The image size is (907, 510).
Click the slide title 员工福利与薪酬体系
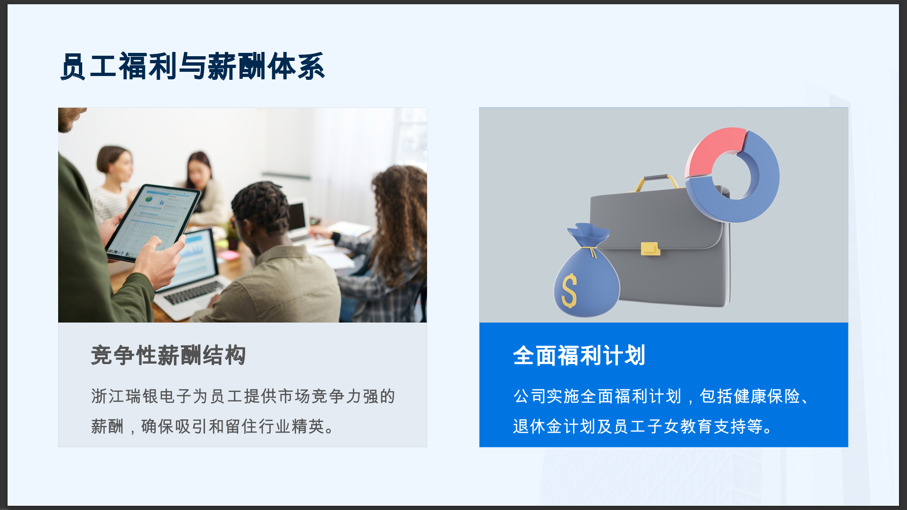point(193,66)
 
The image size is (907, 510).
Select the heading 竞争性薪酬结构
point(168,355)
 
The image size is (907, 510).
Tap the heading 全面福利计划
point(579,355)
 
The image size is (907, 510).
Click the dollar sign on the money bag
point(569,290)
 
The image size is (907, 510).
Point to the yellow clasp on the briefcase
point(650,248)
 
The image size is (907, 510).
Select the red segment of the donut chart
point(716,150)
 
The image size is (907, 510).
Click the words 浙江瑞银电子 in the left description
point(141,396)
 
